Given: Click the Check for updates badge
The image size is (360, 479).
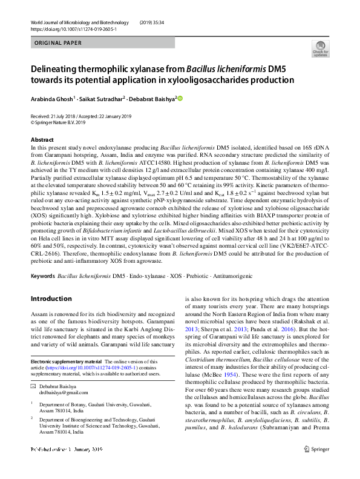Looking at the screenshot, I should click(319, 49).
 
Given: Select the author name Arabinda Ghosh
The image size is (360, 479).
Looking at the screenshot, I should click(51, 99).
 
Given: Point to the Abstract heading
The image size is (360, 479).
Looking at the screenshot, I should click(42, 140).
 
